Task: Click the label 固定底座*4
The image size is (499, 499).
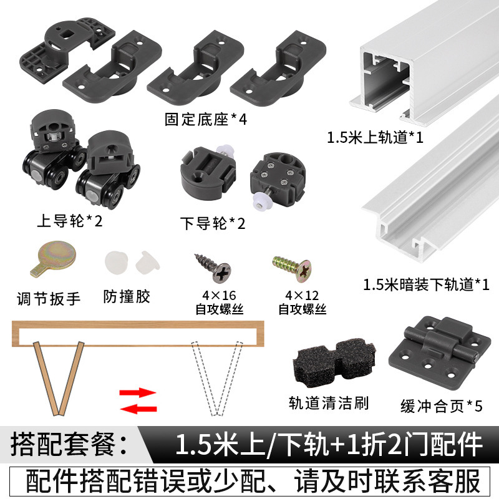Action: pyautogui.click(x=206, y=119)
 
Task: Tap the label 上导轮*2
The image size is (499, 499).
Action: pyautogui.click(x=69, y=220)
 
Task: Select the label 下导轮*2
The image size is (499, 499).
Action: pyautogui.click(x=212, y=223)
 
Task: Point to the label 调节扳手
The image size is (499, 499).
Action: pyautogui.click(x=49, y=298)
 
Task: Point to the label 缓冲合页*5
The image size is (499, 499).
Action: pyautogui.click(x=441, y=406)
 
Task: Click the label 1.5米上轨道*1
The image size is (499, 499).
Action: pyautogui.click(x=375, y=137)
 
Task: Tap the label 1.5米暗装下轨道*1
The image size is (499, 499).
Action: pyautogui.click(x=426, y=284)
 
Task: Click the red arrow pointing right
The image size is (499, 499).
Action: pyautogui.click(x=138, y=393)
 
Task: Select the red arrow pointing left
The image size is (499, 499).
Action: pyautogui.click(x=138, y=408)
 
